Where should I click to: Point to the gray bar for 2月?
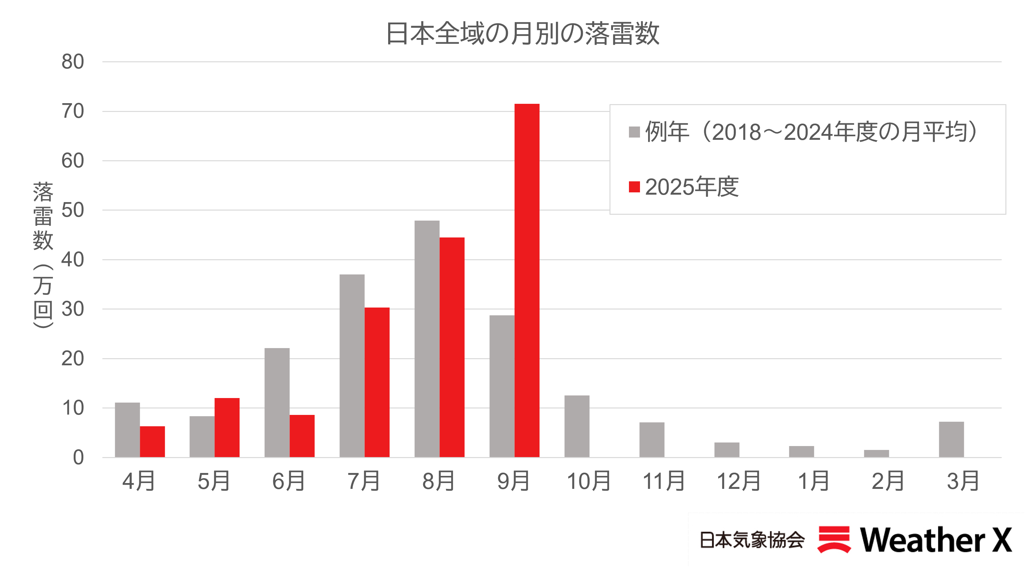[876, 453]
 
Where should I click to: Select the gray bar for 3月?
[951, 439]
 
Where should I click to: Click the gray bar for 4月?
[127, 430]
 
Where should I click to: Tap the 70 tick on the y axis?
[73, 111]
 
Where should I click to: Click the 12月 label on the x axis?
[738, 481]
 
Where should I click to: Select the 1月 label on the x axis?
[813, 481]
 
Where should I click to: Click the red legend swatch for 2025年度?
[634, 187]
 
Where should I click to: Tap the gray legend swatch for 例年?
[634, 132]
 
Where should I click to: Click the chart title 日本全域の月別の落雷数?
[522, 33]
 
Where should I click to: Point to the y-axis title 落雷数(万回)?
[43, 255]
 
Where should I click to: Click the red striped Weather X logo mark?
[834, 539]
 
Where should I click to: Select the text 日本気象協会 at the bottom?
[752, 540]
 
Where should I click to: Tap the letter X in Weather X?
[1001, 540]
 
